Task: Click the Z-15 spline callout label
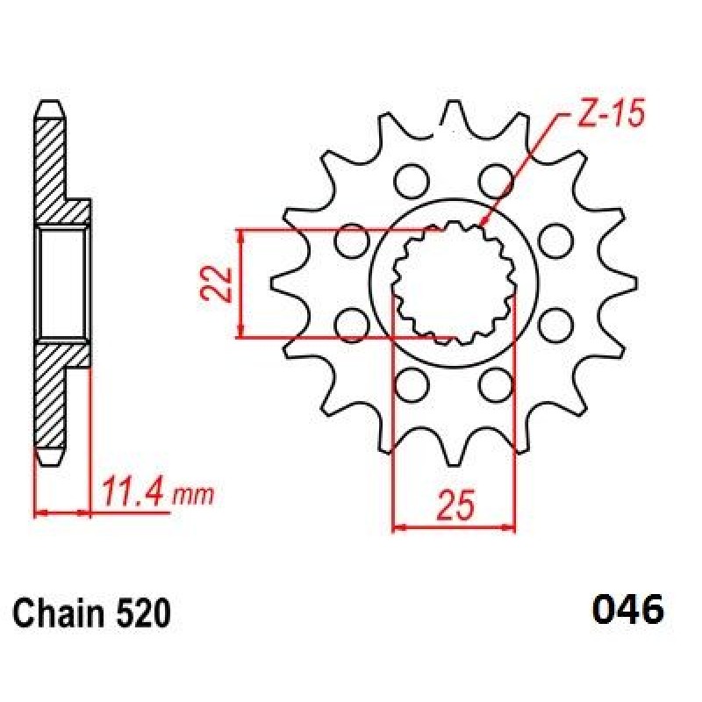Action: tap(611, 112)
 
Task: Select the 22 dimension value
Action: tap(217, 283)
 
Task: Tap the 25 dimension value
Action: tap(455, 505)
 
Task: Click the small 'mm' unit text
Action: tap(193, 496)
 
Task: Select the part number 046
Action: tap(628, 610)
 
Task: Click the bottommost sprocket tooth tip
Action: tap(454, 465)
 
